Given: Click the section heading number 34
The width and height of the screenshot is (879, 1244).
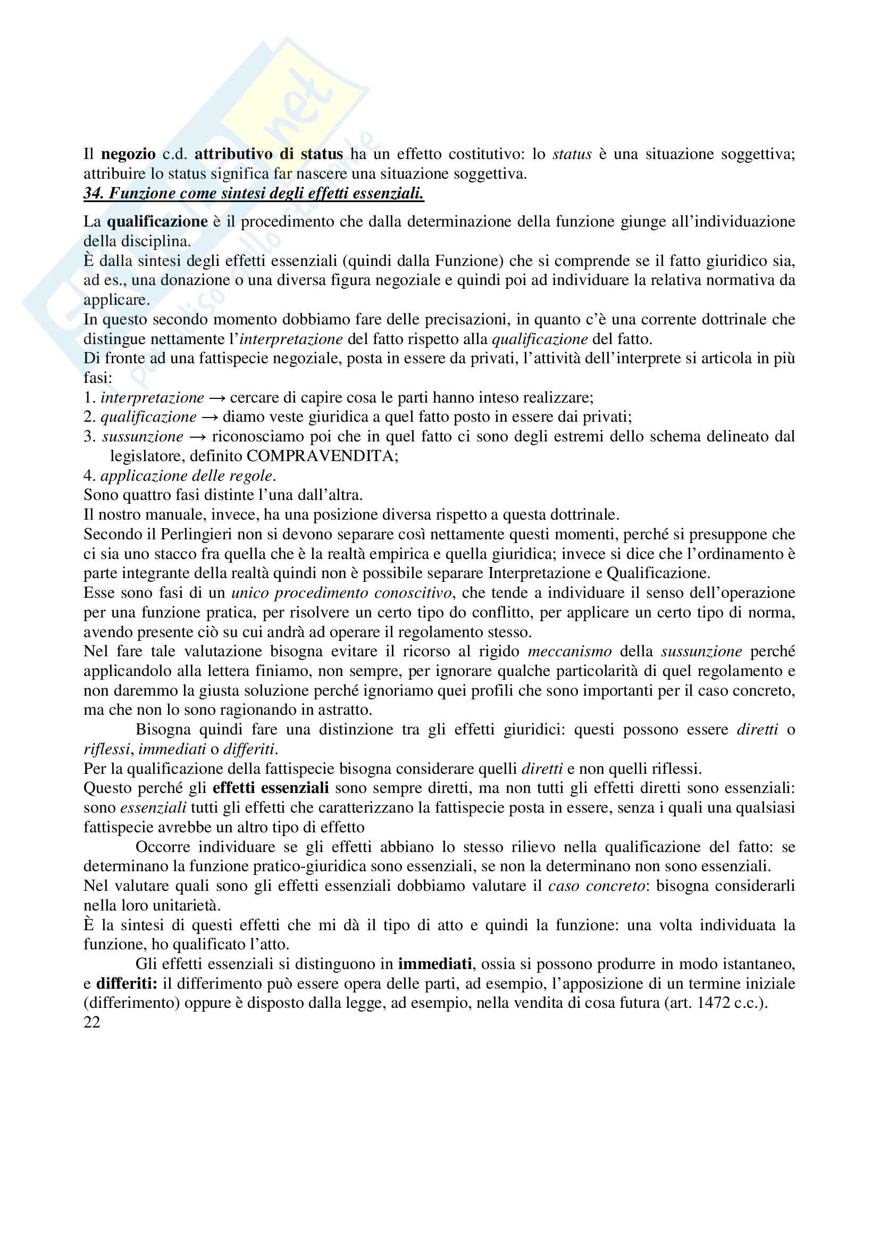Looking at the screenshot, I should pyautogui.click(x=91, y=194).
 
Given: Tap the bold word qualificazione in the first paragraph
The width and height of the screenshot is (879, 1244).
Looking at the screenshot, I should pyautogui.click(x=157, y=222).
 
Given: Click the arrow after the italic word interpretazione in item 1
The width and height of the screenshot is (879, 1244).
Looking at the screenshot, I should pyautogui.click(x=216, y=398).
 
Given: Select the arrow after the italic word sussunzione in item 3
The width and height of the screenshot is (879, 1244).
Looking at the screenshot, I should pyautogui.click(x=197, y=437).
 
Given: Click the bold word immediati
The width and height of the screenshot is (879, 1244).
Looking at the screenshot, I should pyautogui.click(x=436, y=964).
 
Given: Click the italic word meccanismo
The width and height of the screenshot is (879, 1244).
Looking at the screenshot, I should pyautogui.click(x=569, y=652).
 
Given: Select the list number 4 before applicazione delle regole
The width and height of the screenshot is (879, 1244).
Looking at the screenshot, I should pyautogui.click(x=89, y=475).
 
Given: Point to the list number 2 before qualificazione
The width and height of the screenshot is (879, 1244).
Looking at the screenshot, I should pyautogui.click(x=89, y=417).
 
